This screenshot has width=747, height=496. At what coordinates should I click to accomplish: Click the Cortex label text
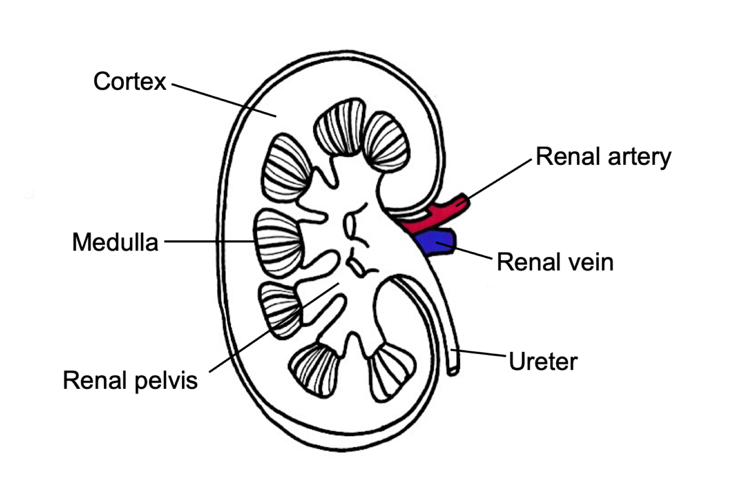[130, 81]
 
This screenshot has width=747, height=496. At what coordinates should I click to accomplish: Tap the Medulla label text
[115, 243]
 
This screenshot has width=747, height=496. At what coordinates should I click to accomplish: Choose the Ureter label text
[543, 362]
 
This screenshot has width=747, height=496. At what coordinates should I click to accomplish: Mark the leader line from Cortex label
[224, 100]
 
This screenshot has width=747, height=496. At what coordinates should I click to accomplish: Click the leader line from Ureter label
[479, 353]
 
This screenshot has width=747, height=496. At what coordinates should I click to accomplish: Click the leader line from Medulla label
[209, 242]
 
